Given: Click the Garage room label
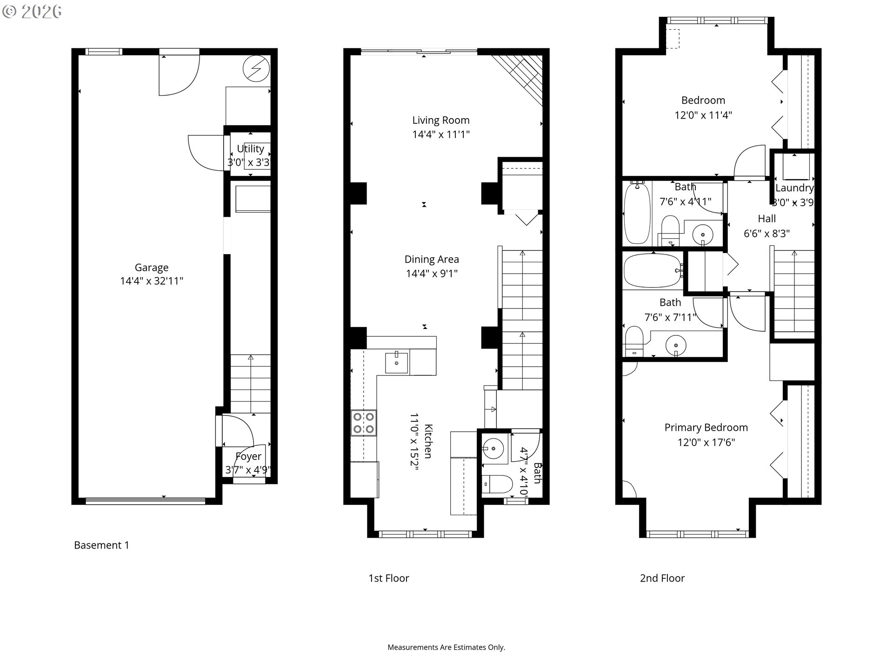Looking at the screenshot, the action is tap(152, 268).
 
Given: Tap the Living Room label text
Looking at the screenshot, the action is tap(441, 120).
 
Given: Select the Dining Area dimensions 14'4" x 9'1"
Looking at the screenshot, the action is tap(432, 274).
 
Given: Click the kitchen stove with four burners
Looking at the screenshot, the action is tap(364, 423).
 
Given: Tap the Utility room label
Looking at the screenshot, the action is tap(250, 149).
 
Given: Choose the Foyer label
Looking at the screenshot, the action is tap(248, 456).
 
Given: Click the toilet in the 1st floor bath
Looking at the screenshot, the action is tap(497, 484).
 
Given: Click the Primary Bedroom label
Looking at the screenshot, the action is tap(706, 428).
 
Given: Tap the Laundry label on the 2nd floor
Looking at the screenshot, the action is tap(794, 188).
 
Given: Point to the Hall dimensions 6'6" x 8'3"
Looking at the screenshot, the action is tap(766, 234).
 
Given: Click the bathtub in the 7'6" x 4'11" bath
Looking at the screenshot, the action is tap(637, 213).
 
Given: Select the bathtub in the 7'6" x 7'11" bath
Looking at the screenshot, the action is tap(653, 271).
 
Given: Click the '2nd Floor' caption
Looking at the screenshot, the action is tap(662, 578).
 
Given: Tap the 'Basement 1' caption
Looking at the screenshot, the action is tap(101, 545).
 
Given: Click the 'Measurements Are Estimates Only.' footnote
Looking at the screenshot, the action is tap(446, 647).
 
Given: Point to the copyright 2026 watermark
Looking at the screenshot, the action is tap(32, 12).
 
